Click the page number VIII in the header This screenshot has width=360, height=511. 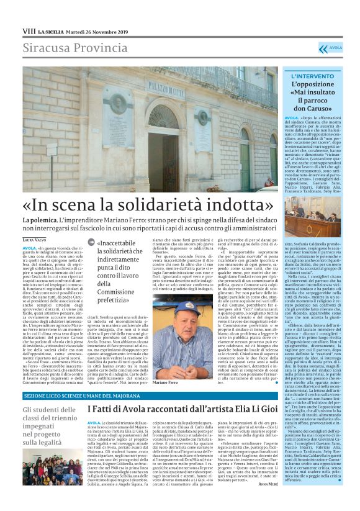pos(29,30)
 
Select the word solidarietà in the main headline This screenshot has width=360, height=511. pos(186,204)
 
